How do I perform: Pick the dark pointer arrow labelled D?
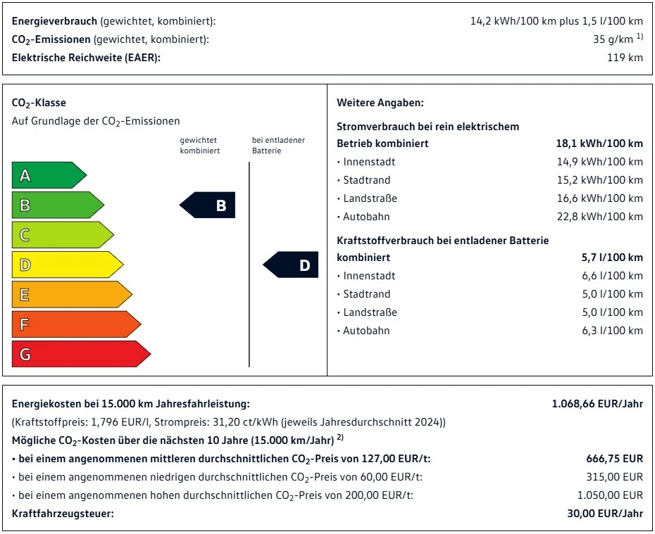coord(292,265)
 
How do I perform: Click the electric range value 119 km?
coord(625,58)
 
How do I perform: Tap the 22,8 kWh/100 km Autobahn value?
coord(599,217)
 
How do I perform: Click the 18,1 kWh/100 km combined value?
coord(599,144)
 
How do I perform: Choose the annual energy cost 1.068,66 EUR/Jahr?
coord(597,404)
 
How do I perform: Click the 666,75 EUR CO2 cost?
coord(614,459)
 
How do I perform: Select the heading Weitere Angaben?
coord(380,103)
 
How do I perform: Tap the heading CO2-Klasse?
coord(39,103)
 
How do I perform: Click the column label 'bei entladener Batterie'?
coord(278,145)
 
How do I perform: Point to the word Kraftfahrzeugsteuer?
coord(63,514)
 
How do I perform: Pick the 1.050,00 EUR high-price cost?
coord(610,495)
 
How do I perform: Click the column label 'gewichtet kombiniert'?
coord(199,145)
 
